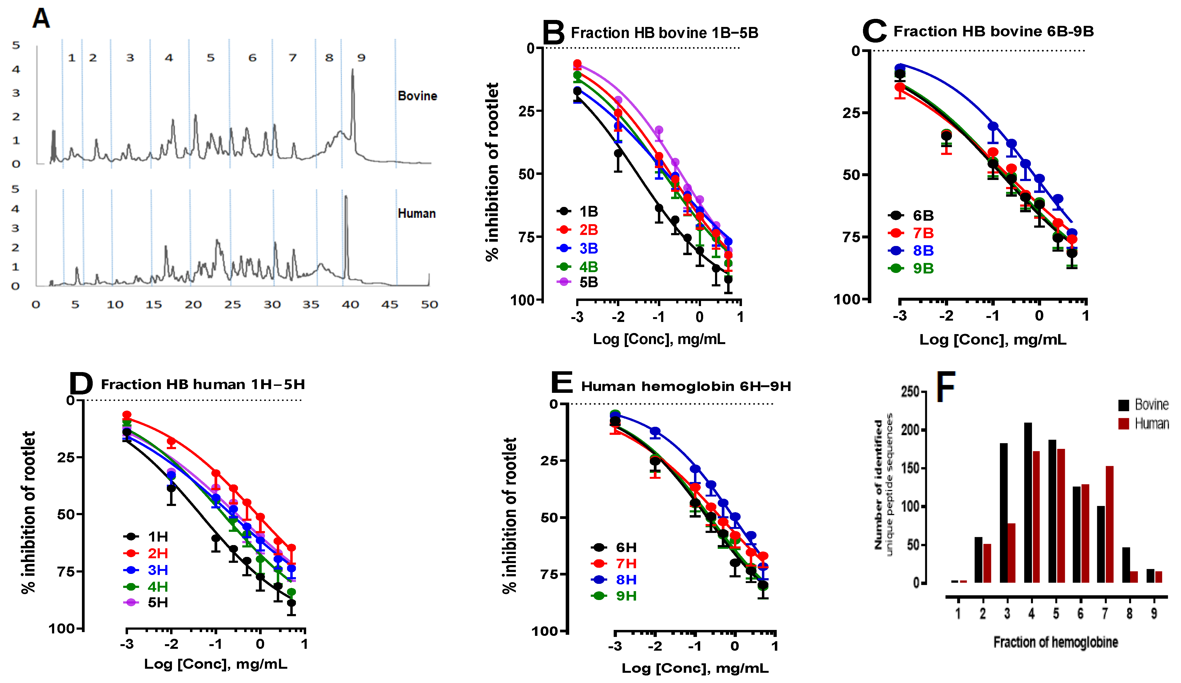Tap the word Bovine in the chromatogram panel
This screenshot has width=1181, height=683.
417,96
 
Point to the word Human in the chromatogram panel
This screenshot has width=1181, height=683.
417,214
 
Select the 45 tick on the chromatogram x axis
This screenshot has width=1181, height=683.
389,305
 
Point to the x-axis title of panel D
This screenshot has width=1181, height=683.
216,664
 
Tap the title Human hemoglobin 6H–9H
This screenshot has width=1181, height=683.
686,386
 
